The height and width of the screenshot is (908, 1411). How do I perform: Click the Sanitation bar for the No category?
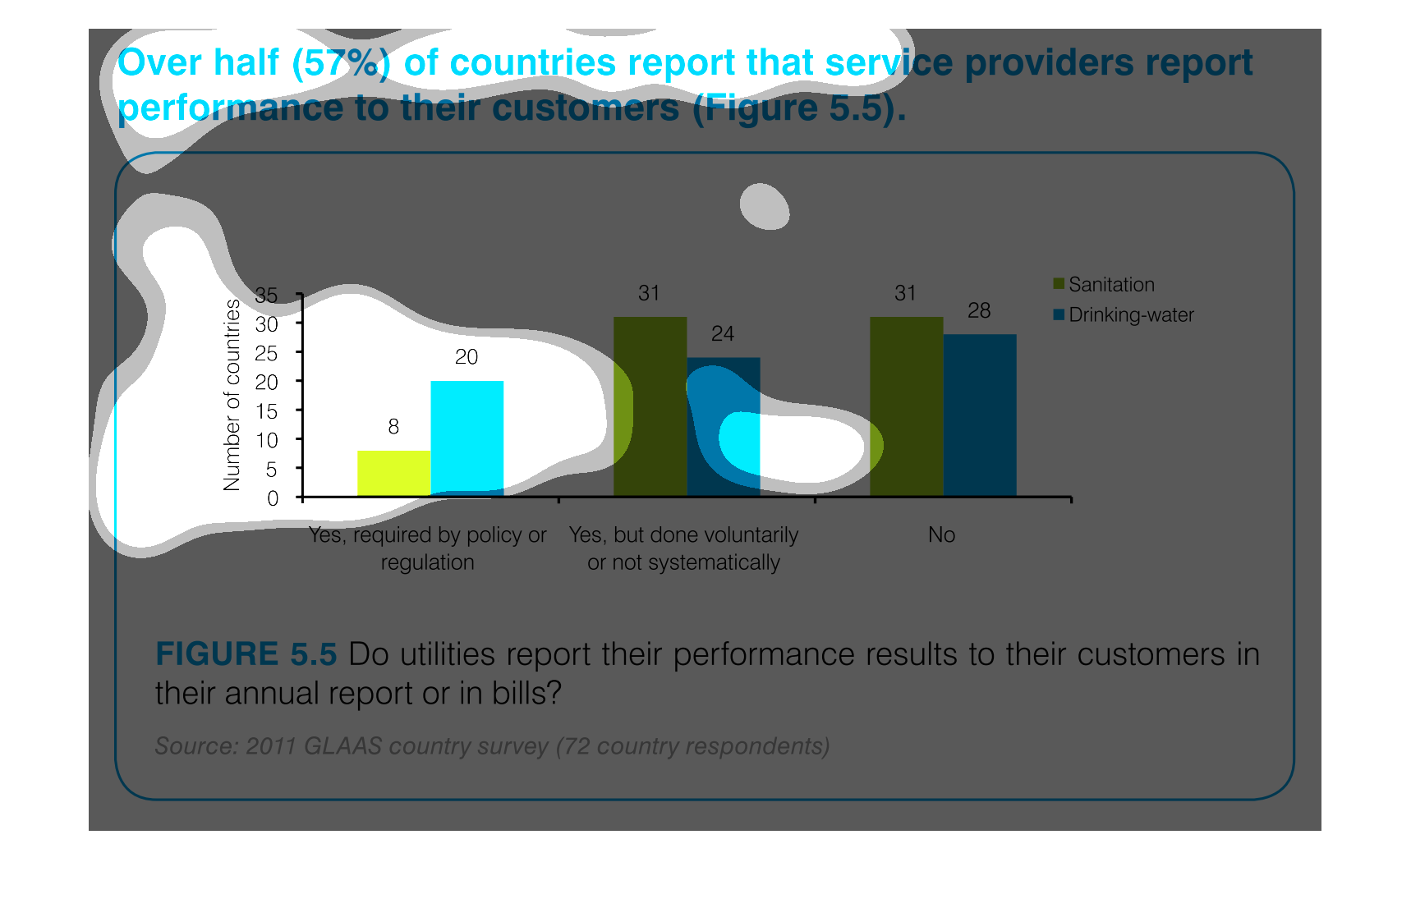906,406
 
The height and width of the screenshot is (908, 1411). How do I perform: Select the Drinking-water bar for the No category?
979,415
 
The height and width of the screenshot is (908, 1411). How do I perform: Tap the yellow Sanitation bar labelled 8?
393,473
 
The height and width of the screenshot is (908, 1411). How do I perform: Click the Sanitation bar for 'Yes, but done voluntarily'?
650,406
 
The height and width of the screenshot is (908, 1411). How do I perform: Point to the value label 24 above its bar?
723,334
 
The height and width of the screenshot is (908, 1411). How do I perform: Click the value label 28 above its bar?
979,311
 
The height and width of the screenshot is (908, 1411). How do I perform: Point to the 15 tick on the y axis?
267,411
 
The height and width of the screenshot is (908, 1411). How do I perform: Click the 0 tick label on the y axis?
273,498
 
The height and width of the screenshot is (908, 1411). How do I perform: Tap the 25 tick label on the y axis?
267,353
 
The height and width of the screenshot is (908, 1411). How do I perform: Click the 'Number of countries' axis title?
232,395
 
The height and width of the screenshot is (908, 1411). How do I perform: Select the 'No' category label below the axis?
941,535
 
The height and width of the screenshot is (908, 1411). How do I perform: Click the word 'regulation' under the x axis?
427,563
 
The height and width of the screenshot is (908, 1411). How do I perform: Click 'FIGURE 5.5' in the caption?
246,654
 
